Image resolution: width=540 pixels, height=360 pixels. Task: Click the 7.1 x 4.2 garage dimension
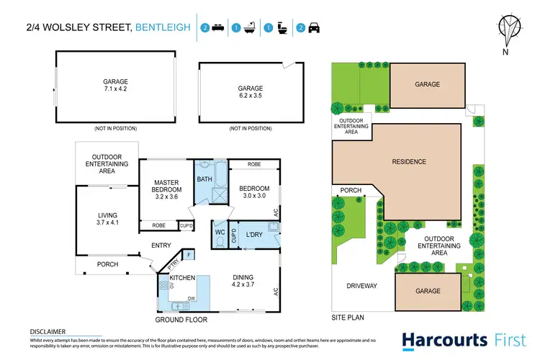pyautogui.click(x=114, y=89)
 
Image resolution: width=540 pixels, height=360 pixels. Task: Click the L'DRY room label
pyautogui.click(x=253, y=235)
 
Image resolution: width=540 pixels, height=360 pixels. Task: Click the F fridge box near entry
pyautogui.click(x=189, y=255)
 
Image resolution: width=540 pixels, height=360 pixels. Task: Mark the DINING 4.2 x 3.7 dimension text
pyautogui.click(x=243, y=284)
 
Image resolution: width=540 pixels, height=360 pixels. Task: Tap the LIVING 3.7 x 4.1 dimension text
pyautogui.click(x=107, y=223)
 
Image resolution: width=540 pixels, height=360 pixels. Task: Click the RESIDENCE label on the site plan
pyautogui.click(x=408, y=162)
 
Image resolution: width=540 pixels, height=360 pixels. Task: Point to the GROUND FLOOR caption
pyautogui.click(x=181, y=319)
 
